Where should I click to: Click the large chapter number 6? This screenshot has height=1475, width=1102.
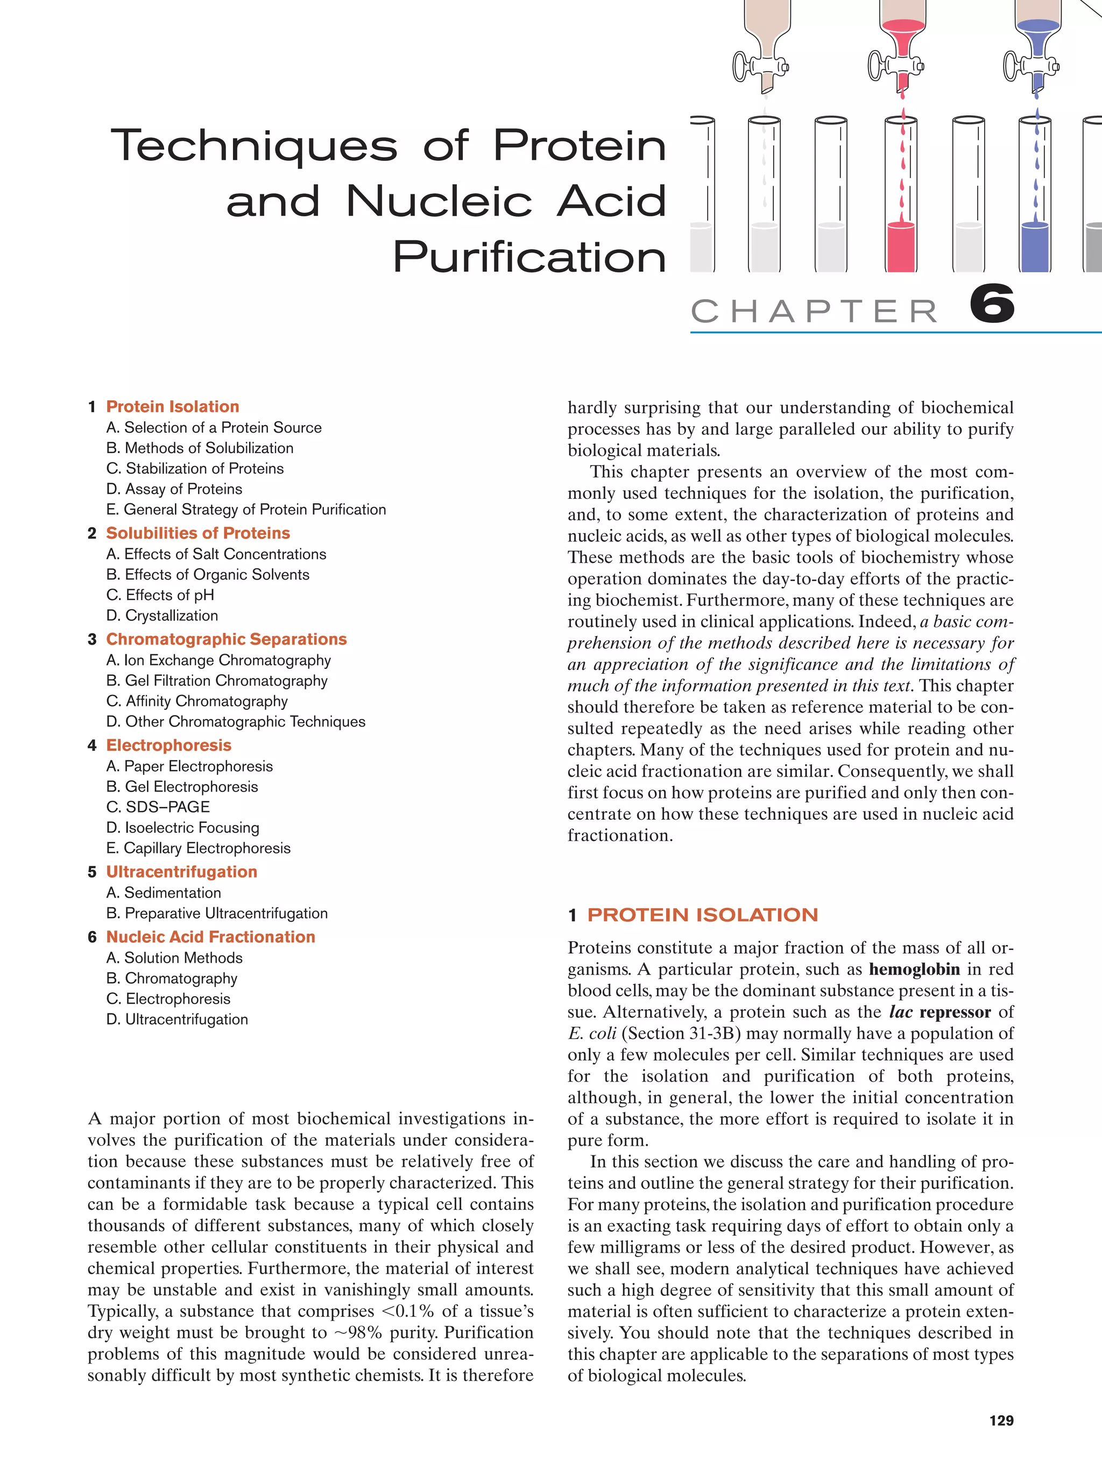pyautogui.click(x=992, y=305)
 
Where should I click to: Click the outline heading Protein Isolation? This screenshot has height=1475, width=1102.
pyautogui.click(x=172, y=407)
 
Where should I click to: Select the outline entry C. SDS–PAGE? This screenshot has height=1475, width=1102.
pyautogui.click(x=158, y=807)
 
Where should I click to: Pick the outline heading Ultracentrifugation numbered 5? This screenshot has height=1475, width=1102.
pyautogui.click(x=181, y=872)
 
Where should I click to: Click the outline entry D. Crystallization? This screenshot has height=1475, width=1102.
pyautogui.click(x=162, y=616)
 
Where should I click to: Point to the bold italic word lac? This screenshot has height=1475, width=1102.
pyautogui.click(x=900, y=1012)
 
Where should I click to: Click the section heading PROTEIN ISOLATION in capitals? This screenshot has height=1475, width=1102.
pyautogui.click(x=702, y=915)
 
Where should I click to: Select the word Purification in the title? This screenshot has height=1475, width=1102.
pyautogui.click(x=529, y=257)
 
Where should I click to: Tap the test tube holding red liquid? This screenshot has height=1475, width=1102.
pyautogui.click(x=901, y=200)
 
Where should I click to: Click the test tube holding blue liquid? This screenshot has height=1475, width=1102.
pyautogui.click(x=1035, y=200)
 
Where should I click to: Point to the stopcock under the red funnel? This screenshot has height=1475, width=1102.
pyautogui.click(x=895, y=66)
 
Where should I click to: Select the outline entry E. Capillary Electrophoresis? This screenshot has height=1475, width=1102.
pyautogui.click(x=198, y=848)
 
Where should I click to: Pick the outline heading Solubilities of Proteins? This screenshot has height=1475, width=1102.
pyautogui.click(x=197, y=533)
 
